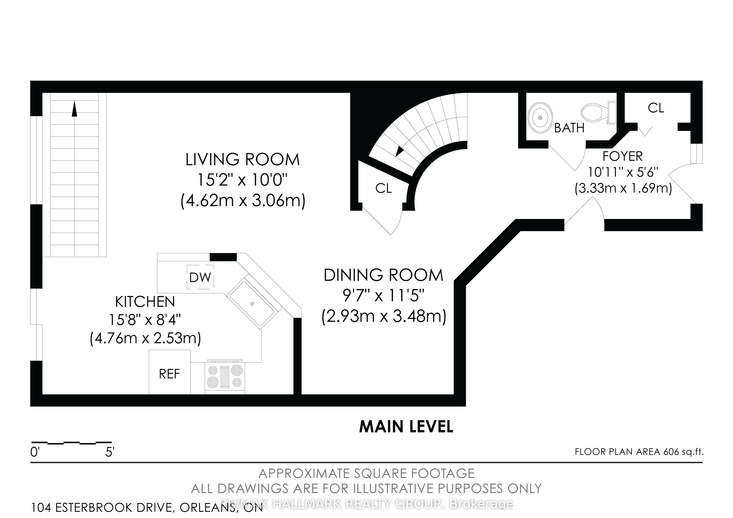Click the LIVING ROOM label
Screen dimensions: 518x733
tap(243, 160)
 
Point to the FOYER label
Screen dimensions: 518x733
tap(623, 156)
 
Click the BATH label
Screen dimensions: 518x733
tap(569, 128)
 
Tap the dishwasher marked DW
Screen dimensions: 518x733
tap(200, 277)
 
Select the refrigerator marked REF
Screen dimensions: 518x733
tap(169, 374)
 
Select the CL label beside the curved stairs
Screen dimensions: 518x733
tap(383, 188)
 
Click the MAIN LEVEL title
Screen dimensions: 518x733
tap(406, 427)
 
